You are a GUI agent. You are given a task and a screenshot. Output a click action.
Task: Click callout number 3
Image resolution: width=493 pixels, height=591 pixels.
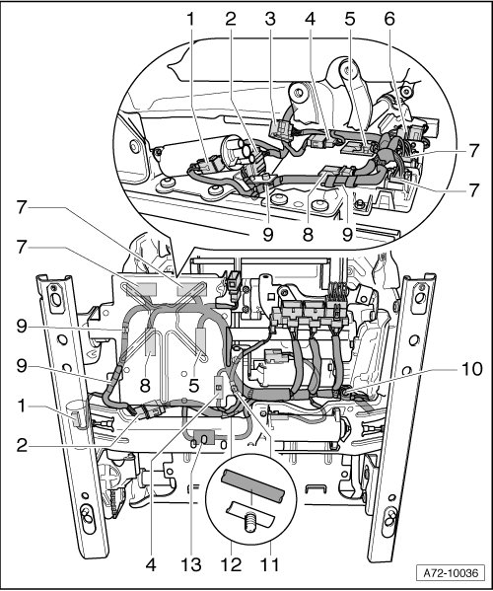pyautogui.click(x=270, y=19)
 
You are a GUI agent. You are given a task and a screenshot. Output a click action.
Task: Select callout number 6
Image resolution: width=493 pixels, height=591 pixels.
pyautogui.click(x=389, y=19)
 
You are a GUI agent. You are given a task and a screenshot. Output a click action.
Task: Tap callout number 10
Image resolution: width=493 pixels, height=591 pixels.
pyautogui.click(x=470, y=369)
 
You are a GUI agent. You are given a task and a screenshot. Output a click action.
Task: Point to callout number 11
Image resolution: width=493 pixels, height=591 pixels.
pyautogui.click(x=270, y=565)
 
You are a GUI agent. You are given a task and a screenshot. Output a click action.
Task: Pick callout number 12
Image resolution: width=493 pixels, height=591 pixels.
pyautogui.click(x=231, y=565)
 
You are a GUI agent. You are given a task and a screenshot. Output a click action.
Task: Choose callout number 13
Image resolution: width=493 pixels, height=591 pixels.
pyautogui.click(x=191, y=565)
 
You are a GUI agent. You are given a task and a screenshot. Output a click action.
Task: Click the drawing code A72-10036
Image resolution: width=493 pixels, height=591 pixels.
pyautogui.click(x=451, y=573)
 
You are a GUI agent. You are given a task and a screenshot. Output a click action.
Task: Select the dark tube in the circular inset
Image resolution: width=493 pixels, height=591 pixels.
pyautogui.click(x=252, y=485)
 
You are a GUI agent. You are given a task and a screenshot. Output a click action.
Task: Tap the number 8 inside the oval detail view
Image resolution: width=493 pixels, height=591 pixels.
pyautogui.click(x=308, y=235)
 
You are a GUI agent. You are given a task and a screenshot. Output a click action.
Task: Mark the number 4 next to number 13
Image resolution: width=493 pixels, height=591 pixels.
pyautogui.click(x=151, y=565)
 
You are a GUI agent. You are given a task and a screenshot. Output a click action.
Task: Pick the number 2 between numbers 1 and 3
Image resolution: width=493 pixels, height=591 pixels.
pyautogui.click(x=231, y=19)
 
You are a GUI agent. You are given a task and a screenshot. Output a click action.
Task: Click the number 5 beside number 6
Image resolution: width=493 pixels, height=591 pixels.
pyautogui.click(x=350, y=19)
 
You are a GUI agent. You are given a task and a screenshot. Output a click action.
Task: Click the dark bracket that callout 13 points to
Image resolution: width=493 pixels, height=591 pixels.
pyautogui.click(x=202, y=436)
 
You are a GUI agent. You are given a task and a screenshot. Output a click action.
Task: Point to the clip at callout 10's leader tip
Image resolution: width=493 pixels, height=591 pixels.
pyautogui.click(x=347, y=394)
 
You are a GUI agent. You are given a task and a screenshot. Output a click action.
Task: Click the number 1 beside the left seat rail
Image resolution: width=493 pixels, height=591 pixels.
pyautogui.click(x=22, y=406)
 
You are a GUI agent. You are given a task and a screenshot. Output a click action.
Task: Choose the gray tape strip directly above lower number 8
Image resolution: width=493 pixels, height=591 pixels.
pyautogui.click(x=151, y=341)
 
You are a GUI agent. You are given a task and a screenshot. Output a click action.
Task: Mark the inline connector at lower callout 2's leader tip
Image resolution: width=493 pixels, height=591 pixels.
pyautogui.click(x=152, y=411)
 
